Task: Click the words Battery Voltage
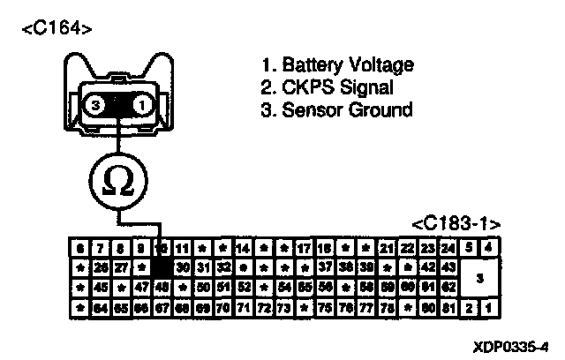click(336, 65)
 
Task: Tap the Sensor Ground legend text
click(336, 111)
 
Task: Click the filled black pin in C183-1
click(161, 266)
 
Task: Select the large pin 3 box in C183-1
click(478, 276)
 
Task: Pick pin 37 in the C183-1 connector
click(325, 266)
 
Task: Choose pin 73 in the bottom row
click(284, 307)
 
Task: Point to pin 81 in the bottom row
click(448, 307)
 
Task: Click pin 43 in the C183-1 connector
click(448, 266)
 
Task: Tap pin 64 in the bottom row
click(99, 307)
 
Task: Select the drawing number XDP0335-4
click(511, 345)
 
